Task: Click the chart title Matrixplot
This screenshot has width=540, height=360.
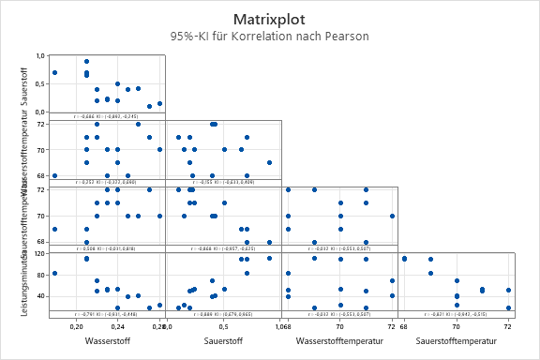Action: click(x=270, y=19)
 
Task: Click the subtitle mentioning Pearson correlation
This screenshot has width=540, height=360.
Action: click(x=270, y=37)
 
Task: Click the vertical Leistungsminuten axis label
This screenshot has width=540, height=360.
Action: click(x=25, y=281)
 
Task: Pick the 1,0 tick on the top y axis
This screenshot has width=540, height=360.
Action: click(x=40, y=56)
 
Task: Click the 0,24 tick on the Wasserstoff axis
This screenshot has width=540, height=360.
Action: click(x=117, y=326)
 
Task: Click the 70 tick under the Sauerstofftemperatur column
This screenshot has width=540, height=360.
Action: click(x=456, y=326)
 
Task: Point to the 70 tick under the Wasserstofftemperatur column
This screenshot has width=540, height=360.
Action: click(x=339, y=326)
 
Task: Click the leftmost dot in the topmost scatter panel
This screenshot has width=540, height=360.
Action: click(x=55, y=72)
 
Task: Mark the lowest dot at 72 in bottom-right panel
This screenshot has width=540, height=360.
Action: click(x=508, y=307)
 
